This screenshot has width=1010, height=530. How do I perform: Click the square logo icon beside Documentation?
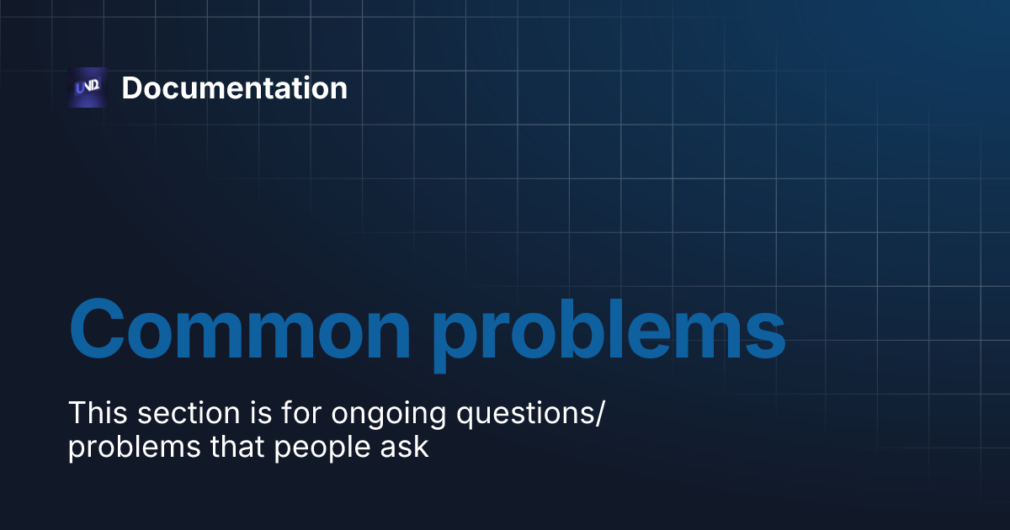(88, 87)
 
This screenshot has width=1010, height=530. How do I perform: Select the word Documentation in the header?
(234, 87)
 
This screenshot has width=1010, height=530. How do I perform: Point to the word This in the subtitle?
(97, 413)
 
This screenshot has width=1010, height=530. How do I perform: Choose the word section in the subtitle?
(186, 413)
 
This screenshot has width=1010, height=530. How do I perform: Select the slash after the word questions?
(600, 414)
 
